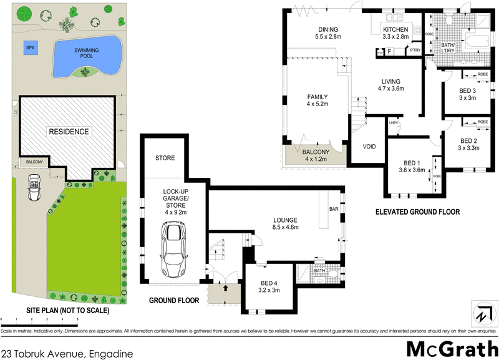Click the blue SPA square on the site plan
pos(29,47)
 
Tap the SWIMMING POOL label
pos(87,52)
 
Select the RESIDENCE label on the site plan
pos(69,132)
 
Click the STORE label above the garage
pos(165,158)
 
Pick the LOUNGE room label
pos(286,223)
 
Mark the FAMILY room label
pos(317,100)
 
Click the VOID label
pos(369,147)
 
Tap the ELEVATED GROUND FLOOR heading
pos(417,212)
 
